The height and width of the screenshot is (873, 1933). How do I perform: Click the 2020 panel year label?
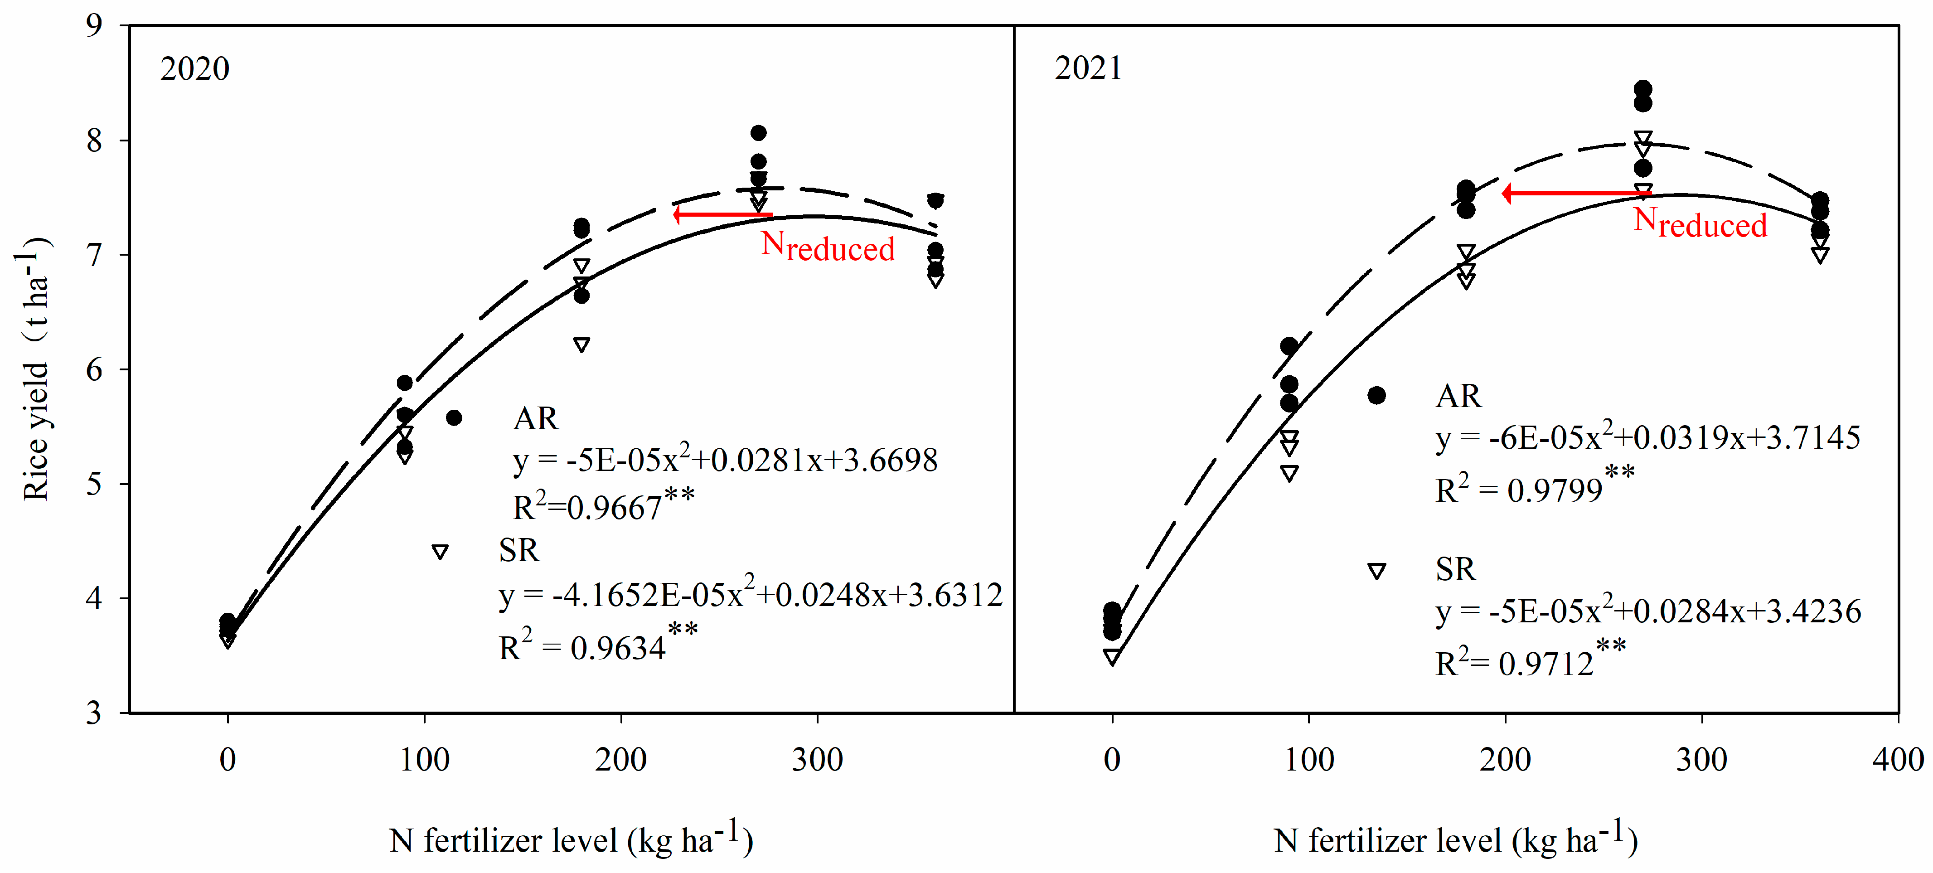194,69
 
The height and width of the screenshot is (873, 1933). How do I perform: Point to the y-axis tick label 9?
94,25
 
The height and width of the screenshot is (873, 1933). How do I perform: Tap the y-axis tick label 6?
94,369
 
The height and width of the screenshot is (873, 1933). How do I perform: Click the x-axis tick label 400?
1897,760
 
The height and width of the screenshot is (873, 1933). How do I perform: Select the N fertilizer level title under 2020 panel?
570,839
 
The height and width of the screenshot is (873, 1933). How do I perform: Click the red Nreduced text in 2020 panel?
827,246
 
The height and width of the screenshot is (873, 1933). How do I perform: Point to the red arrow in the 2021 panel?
1576,194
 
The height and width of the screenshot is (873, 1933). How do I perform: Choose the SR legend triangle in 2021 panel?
1376,571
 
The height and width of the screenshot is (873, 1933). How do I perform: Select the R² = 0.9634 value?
598,645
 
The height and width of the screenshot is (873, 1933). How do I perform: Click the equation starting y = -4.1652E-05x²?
751,595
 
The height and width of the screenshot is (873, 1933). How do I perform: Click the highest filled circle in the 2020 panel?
758,133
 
